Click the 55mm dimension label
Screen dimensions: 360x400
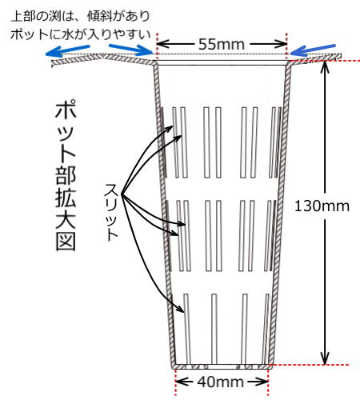point(222,44)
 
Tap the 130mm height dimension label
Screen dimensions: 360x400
point(322,206)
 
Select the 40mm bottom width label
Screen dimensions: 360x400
point(220,382)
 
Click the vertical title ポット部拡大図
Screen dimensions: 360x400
point(66,176)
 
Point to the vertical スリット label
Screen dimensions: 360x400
point(111,212)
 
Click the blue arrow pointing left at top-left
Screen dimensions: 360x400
point(68,50)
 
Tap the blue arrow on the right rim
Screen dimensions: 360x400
point(313,50)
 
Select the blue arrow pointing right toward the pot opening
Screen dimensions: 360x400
point(131,49)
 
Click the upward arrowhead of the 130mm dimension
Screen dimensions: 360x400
point(324,67)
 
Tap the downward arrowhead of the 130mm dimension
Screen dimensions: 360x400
point(324,358)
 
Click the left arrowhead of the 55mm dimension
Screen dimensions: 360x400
point(163,44)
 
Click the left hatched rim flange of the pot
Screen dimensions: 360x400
point(103,60)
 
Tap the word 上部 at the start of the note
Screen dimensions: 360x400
point(23,17)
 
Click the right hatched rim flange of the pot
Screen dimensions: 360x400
point(314,58)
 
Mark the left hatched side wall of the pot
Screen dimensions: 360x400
point(164,214)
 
